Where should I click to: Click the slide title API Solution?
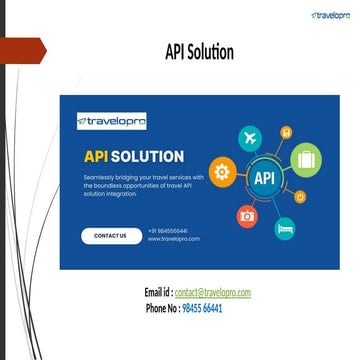(199, 51)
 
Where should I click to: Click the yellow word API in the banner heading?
(96, 156)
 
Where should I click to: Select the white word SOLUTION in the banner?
(147, 156)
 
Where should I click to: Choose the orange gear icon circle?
(223, 171)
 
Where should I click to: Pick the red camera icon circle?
(248, 214)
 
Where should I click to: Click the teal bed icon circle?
(285, 227)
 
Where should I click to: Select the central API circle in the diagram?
(264, 179)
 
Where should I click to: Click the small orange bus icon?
(286, 131)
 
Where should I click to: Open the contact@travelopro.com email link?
(212, 292)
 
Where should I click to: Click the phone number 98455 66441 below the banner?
(202, 309)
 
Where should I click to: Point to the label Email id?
(158, 292)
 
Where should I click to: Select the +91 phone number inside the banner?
(167, 231)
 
